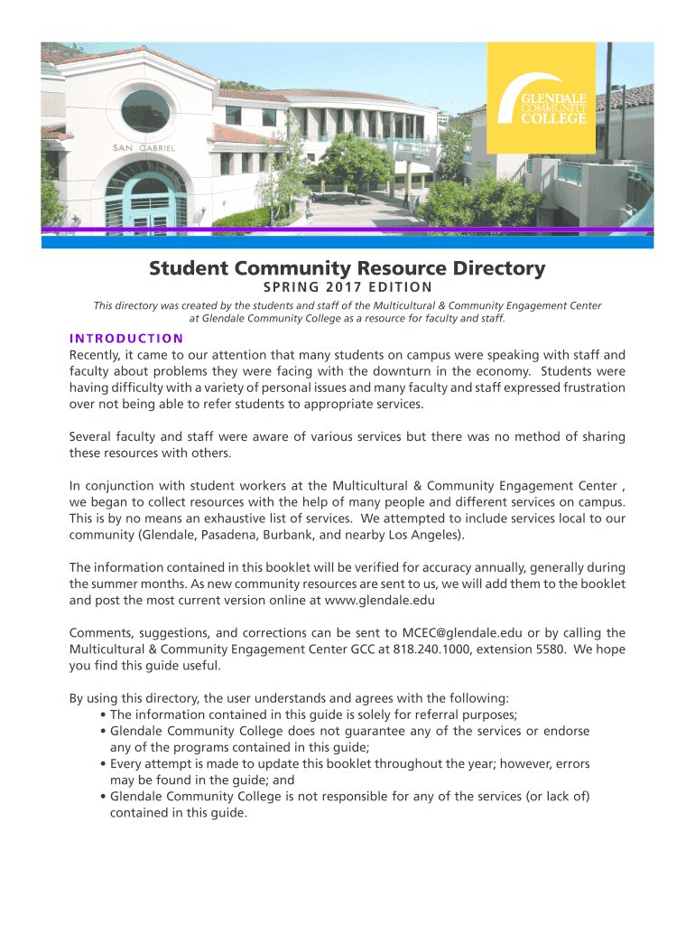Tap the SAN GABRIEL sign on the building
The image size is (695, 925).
[144, 147]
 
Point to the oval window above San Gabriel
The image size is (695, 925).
[145, 109]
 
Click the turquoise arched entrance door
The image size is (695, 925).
[144, 204]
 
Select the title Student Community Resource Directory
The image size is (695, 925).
[347, 268]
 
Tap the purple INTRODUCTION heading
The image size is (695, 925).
[126, 339]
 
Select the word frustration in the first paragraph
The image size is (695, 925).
[589, 388]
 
